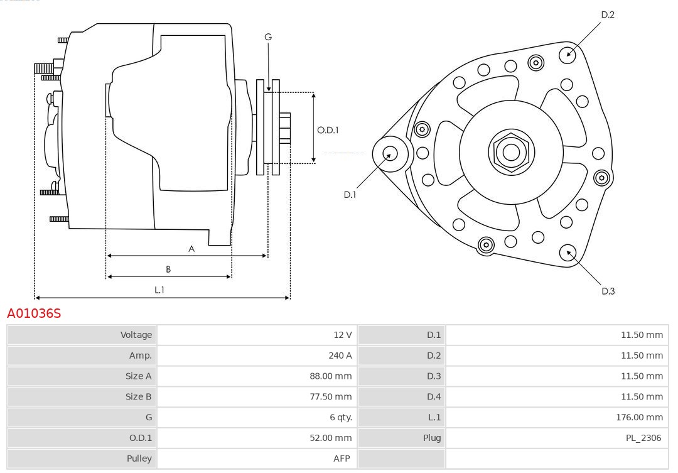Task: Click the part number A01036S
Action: point(34,313)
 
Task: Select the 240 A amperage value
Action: point(340,356)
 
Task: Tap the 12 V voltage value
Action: point(343,335)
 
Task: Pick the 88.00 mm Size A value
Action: point(330,376)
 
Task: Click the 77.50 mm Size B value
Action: point(331,397)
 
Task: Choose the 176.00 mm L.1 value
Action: point(639,417)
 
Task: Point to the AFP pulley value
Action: point(342,459)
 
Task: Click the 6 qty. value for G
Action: point(341,417)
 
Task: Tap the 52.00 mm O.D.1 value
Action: point(330,438)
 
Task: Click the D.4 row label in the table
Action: point(434,397)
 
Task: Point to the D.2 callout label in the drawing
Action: point(607,14)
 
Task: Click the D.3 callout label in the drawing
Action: point(608,291)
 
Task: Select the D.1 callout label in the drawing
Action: point(350,195)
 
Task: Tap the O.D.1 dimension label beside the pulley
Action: point(328,130)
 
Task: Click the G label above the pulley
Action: point(268,37)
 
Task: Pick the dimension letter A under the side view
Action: point(191,249)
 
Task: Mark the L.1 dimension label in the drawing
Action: point(159,290)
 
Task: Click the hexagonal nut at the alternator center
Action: point(511,152)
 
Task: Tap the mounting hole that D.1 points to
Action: point(390,153)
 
